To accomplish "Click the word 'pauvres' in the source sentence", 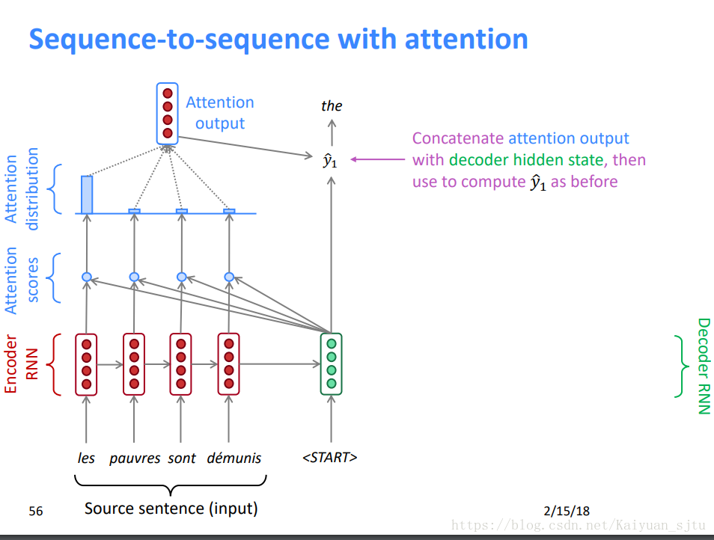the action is (x=135, y=458).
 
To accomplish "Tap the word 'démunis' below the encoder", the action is (x=234, y=457).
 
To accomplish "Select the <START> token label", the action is (x=329, y=457).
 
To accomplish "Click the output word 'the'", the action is (x=332, y=106).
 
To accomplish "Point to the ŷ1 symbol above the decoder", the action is (x=330, y=161).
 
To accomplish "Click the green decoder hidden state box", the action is (x=331, y=364).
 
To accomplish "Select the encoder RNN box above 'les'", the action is (x=86, y=364).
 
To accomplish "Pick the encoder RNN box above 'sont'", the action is (x=181, y=364).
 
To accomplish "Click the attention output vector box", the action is (x=167, y=113).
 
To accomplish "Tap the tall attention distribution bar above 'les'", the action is (x=87, y=194).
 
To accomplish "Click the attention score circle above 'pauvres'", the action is (x=134, y=277).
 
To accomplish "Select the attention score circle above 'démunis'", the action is (x=229, y=277).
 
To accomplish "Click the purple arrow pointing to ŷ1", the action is (x=377, y=159).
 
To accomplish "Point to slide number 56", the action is (x=35, y=511).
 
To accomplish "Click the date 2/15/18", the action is (x=567, y=511).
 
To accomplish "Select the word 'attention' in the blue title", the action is (x=466, y=39).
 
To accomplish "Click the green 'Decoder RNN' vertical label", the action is (x=704, y=366).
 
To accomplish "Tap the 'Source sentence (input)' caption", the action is (x=171, y=508).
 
